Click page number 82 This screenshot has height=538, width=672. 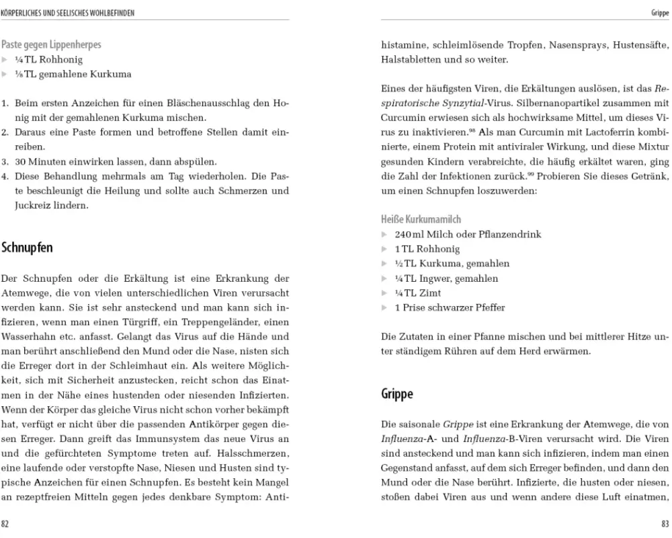pos(5,523)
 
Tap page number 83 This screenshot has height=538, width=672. pos(665,523)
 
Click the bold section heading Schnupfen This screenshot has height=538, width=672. pos(27,247)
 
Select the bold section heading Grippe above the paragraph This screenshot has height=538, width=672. pos(397,393)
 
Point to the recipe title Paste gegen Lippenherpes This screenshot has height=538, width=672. pos(52,45)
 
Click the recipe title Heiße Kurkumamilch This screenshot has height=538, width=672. pos(421,219)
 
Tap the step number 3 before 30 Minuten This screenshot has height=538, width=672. pos(5,162)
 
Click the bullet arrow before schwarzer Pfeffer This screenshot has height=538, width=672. pos(384,308)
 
